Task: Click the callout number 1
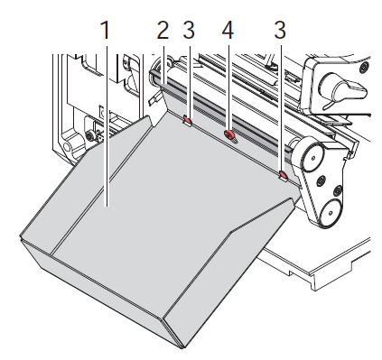(106, 30)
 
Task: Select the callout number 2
(163, 30)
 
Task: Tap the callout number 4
(228, 30)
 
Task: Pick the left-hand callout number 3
(189, 30)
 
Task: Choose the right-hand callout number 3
(280, 30)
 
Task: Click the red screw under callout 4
(229, 134)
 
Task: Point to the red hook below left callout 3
(188, 120)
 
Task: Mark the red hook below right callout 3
(283, 175)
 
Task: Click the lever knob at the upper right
(343, 88)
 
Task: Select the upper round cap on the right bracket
(312, 157)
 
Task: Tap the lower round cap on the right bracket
(331, 212)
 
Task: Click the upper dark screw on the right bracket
(321, 180)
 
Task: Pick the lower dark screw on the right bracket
(338, 190)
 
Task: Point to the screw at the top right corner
(365, 67)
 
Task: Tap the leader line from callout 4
(228, 88)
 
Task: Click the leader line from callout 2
(163, 65)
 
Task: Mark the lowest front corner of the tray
(182, 348)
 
